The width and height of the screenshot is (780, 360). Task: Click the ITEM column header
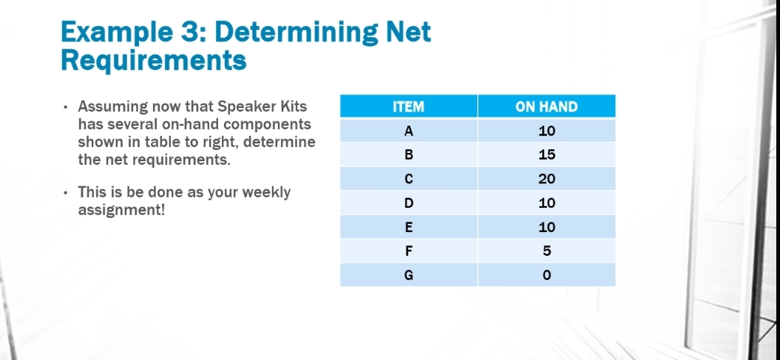click(x=408, y=106)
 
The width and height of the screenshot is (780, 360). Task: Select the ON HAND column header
click(x=546, y=106)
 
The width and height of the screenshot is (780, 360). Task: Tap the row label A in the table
click(x=408, y=131)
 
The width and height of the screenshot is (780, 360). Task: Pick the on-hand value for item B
click(x=546, y=155)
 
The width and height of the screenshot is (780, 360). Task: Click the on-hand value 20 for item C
click(x=546, y=179)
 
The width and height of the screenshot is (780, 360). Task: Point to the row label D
click(x=408, y=203)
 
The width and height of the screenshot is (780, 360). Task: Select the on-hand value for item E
click(x=546, y=227)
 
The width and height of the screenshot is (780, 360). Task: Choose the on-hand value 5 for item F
click(x=546, y=251)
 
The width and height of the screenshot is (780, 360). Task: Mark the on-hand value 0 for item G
click(x=546, y=275)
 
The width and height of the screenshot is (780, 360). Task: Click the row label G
click(x=408, y=275)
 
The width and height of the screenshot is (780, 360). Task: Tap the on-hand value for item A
click(x=546, y=131)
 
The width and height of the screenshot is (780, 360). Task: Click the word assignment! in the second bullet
click(x=121, y=210)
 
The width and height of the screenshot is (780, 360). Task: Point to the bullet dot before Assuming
click(x=66, y=107)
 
